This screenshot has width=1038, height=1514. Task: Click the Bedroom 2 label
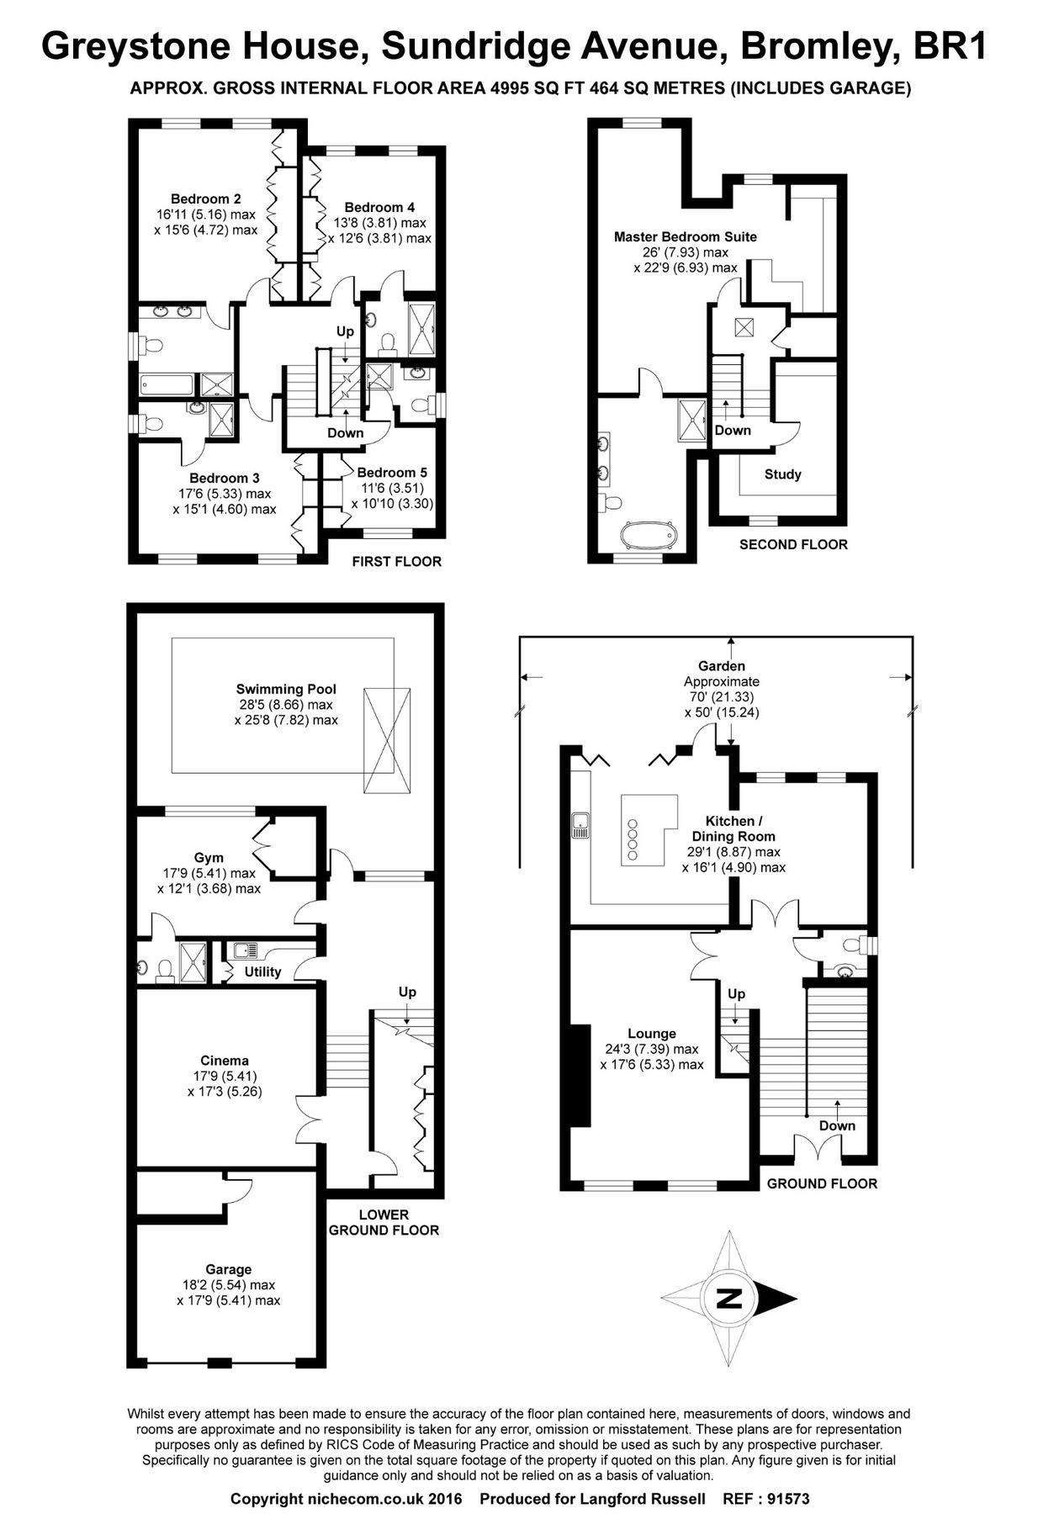(205, 199)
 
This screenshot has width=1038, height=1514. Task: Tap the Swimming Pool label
(286, 689)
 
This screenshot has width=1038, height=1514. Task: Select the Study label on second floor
(782, 474)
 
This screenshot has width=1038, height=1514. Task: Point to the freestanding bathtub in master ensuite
(648, 536)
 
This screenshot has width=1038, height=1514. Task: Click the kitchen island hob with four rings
(633, 839)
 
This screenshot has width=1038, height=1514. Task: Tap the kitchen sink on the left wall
(580, 826)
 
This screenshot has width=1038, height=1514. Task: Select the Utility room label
(262, 971)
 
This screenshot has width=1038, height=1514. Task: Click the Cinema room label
(225, 1061)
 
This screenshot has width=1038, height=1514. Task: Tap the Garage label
(228, 1269)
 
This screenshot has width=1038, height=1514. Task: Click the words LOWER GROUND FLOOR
(384, 1222)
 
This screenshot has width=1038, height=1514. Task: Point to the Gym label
(209, 858)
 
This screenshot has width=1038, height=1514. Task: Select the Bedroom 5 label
(386, 473)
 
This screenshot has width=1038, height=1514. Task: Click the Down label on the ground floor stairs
(837, 1125)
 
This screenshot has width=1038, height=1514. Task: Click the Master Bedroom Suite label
(685, 237)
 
